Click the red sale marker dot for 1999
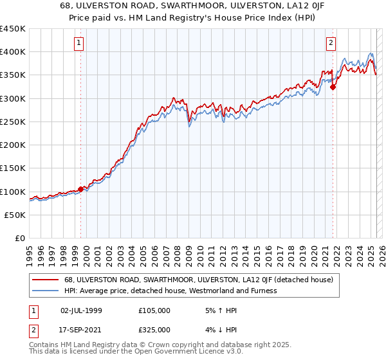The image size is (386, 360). click(80, 190)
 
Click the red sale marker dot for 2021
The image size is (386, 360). click(333, 87)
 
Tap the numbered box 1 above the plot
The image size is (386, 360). click(78, 43)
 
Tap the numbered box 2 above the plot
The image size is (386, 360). click(331, 43)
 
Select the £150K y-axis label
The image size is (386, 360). click(13, 168)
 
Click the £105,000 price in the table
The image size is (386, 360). click(154, 310)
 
